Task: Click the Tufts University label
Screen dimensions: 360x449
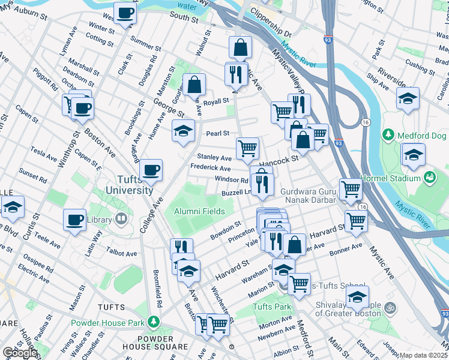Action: point(129,184)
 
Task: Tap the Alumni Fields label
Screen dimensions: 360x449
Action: point(200,211)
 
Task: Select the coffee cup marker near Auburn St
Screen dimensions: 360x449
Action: point(125,14)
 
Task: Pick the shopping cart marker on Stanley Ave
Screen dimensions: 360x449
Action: point(247,148)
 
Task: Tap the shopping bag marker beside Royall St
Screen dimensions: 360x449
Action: point(194,85)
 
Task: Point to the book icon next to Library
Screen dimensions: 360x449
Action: point(122,220)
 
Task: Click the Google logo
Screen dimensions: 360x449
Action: point(20,352)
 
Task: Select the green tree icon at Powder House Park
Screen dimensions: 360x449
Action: point(154,322)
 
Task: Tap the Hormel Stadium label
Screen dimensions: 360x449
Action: point(390,178)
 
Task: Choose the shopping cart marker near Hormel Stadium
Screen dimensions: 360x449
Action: point(351,189)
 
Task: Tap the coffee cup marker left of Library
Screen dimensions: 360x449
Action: point(74,220)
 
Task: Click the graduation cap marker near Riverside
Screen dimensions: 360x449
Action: point(408,98)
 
